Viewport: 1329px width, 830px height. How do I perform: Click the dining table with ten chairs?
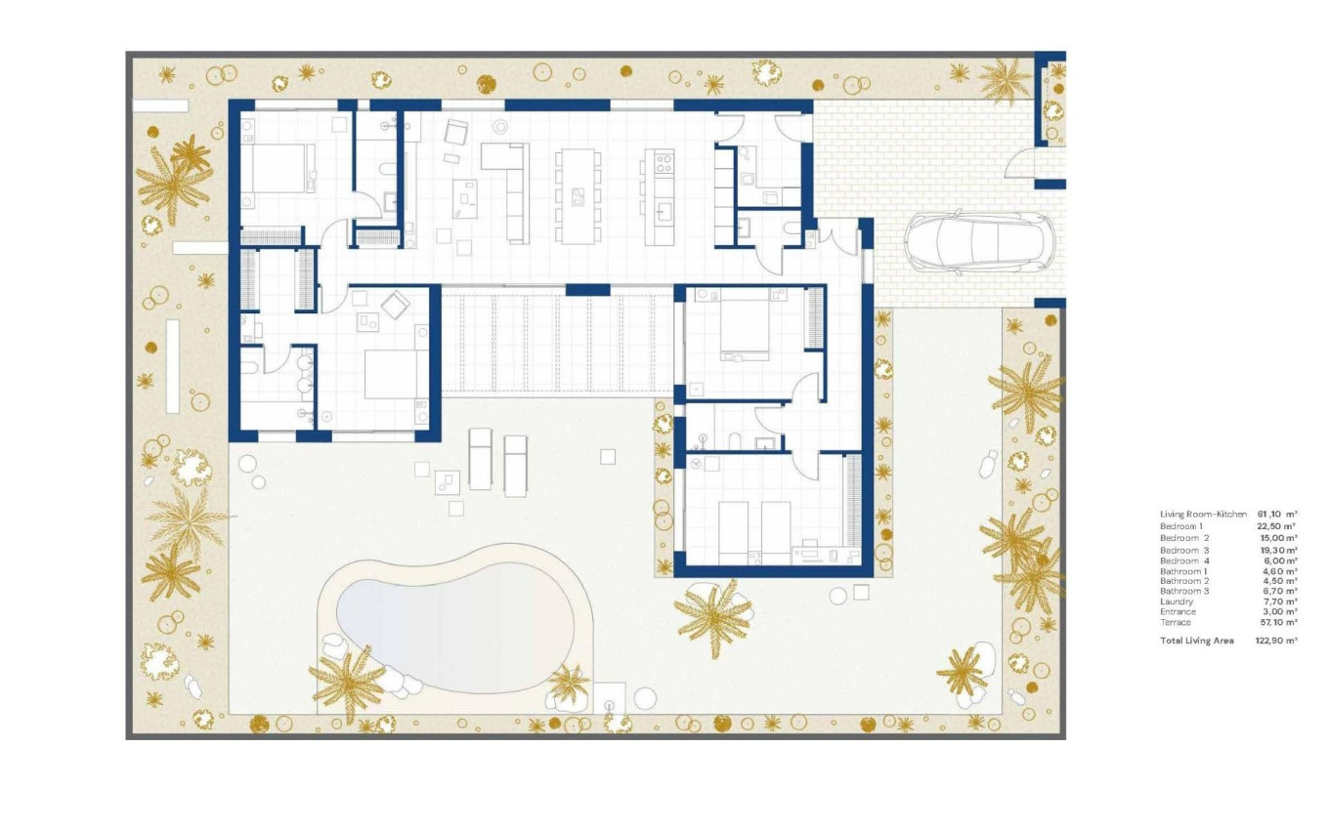(x=579, y=195)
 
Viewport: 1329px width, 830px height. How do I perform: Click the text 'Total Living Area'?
(x=1196, y=641)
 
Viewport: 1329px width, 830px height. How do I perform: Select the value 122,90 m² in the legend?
(x=1276, y=641)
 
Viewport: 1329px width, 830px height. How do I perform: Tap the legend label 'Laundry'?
(x=1177, y=602)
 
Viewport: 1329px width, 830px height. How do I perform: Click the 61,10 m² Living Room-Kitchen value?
(x=1276, y=514)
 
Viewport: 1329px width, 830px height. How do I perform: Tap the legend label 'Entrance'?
(x=1178, y=612)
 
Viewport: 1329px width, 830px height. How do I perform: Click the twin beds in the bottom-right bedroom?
(x=754, y=532)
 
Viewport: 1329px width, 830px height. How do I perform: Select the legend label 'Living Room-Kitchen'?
(x=1203, y=514)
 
